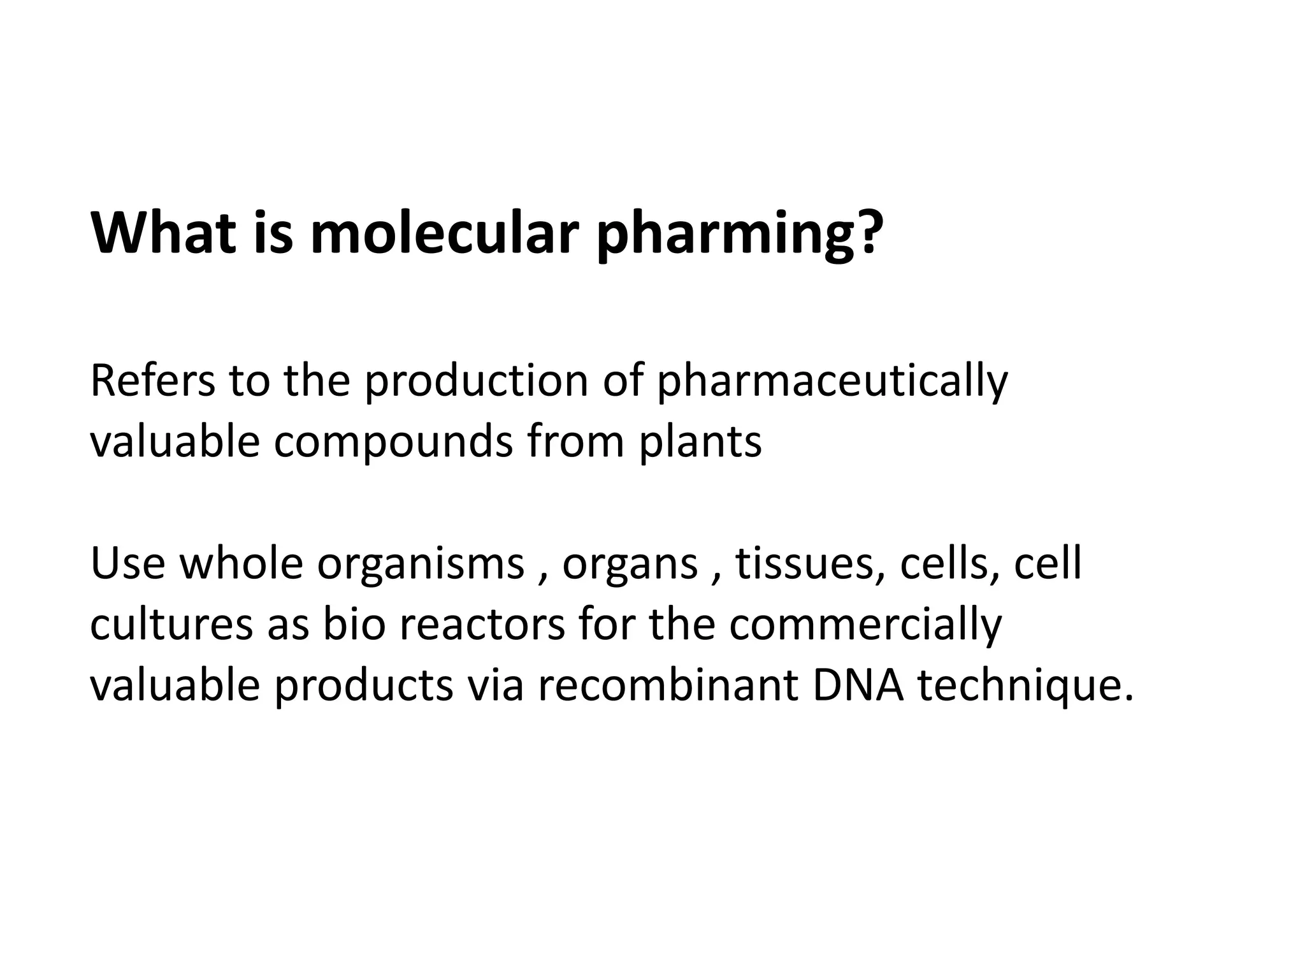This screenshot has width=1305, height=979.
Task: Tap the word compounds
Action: click(x=393, y=443)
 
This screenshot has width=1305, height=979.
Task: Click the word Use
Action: click(x=127, y=563)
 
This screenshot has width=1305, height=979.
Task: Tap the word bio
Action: click(x=354, y=624)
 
